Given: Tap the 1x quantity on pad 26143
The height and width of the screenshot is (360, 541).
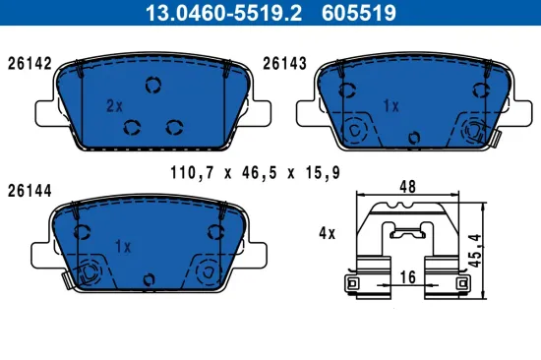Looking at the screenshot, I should click(x=390, y=104).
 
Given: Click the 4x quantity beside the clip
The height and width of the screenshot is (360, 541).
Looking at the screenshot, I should click(x=327, y=234).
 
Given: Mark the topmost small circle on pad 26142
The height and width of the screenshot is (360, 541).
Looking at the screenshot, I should click(x=151, y=85).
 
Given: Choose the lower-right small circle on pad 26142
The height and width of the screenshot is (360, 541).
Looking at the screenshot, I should click(x=175, y=125).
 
